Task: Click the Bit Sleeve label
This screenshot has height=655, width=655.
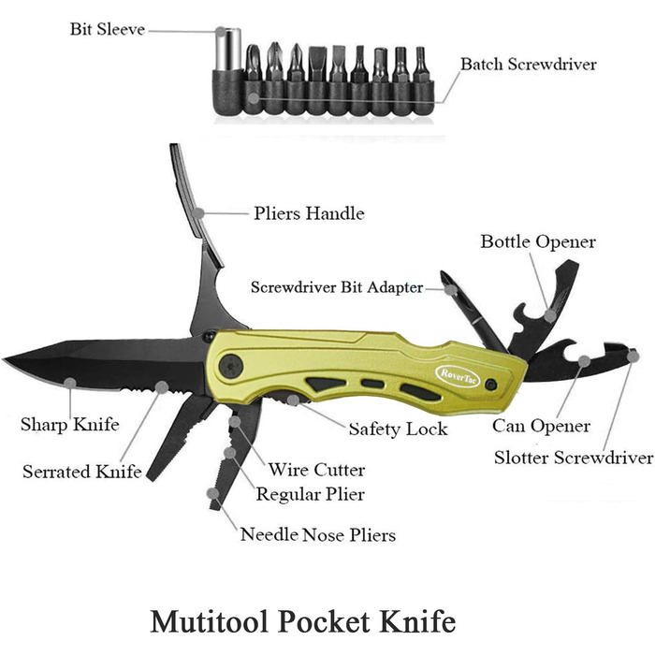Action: coord(108,29)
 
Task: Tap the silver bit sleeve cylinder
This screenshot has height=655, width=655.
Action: coord(228,50)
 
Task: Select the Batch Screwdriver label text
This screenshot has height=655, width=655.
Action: coord(529,64)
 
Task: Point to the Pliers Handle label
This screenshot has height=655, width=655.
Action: coord(309,213)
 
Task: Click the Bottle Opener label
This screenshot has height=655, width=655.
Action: coord(538,241)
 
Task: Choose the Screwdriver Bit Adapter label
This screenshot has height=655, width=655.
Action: coord(337,287)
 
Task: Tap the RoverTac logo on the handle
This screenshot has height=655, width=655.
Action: coord(458,376)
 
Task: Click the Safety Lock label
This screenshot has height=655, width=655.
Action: coord(398,429)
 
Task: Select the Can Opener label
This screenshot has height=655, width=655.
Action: coord(541,426)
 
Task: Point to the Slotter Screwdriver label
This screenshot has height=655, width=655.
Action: coord(574,458)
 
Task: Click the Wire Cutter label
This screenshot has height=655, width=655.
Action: coord(316,470)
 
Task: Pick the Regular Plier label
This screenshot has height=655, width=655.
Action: coord(311,494)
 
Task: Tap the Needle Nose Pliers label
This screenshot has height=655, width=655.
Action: coord(318,534)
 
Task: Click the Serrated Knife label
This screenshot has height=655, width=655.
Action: coord(82,472)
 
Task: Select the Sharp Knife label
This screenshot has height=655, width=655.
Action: coord(70,425)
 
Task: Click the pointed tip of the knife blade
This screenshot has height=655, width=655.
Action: coord(4,358)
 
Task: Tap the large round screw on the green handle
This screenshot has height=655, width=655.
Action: coord(230,367)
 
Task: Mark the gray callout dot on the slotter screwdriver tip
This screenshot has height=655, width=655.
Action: coord(633,356)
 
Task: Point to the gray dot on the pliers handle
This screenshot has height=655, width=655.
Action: coord(198,213)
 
